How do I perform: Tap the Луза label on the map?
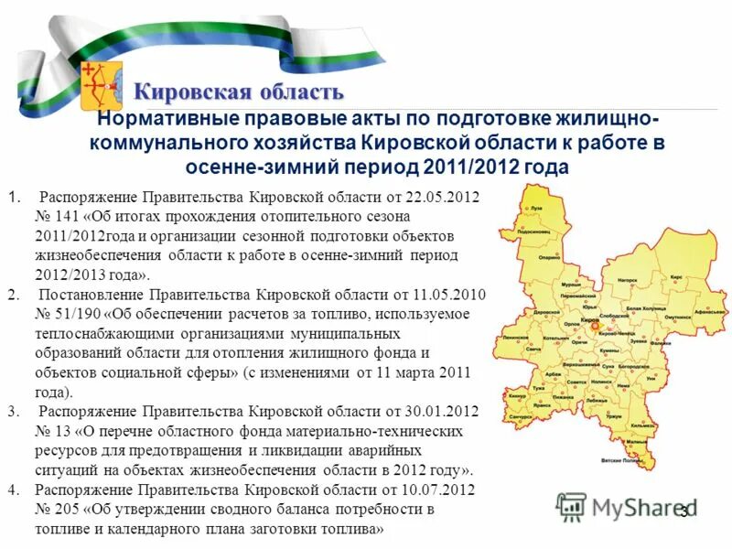click(537, 210)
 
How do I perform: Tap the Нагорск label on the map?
click(626, 279)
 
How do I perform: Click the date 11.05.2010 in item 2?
click(443, 296)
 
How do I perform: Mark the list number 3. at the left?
click(12, 412)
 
